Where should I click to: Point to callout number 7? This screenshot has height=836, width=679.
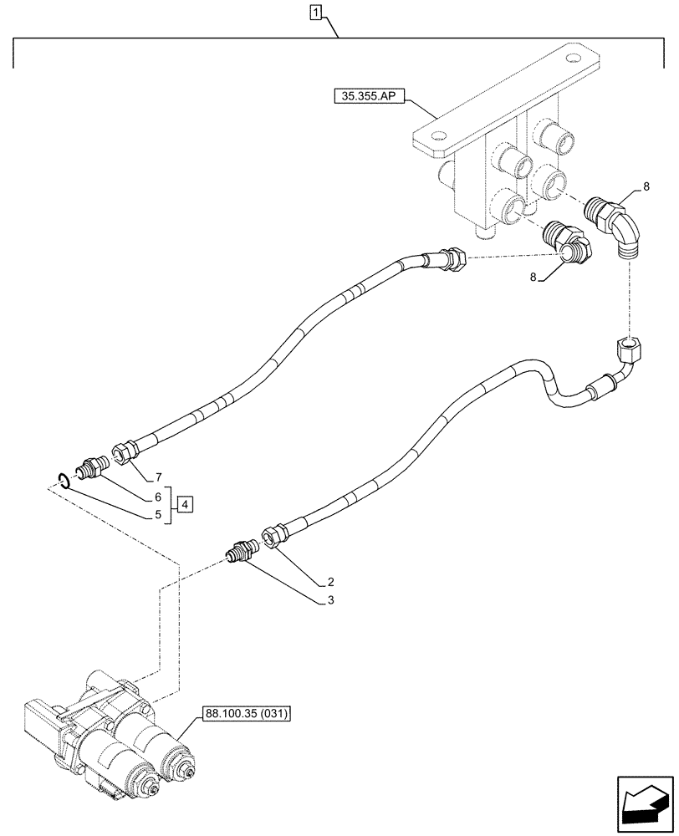(156, 477)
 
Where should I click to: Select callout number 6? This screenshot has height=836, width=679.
(156, 497)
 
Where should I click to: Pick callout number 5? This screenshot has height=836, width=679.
(156, 516)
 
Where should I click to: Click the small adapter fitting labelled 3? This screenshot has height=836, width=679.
(242, 552)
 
